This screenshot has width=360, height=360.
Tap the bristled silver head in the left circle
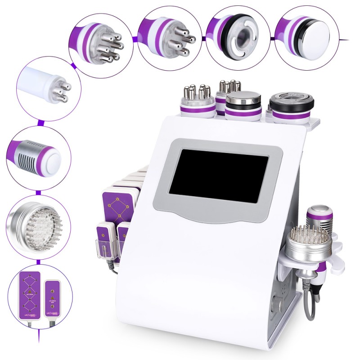click(x=36, y=225)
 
